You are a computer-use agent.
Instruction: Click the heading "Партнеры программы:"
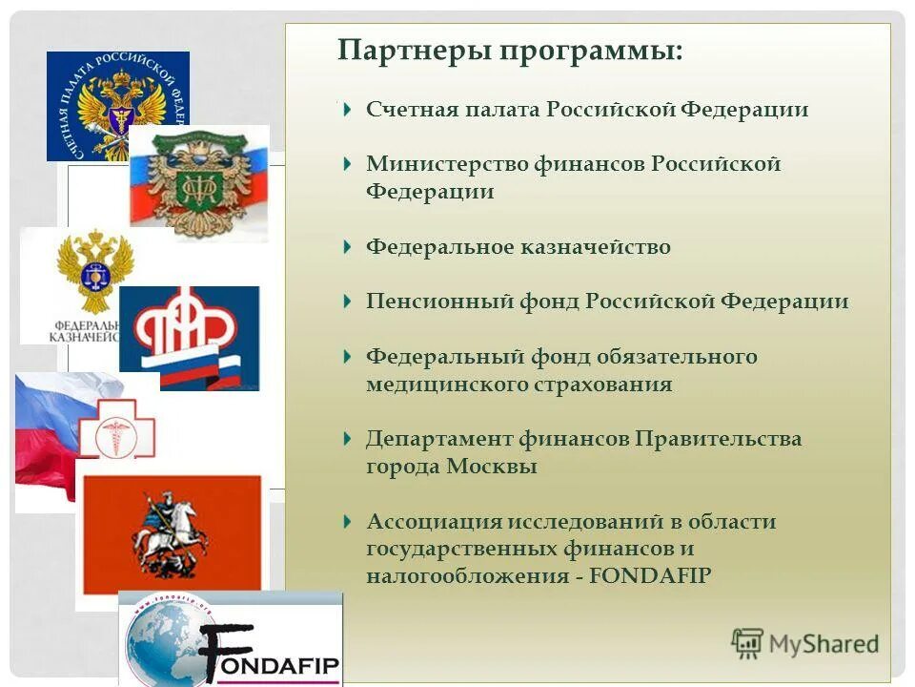(509, 50)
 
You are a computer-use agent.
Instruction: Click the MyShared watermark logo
(804, 643)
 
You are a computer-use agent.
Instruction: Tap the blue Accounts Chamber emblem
(116, 105)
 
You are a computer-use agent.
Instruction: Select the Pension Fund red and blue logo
(189, 338)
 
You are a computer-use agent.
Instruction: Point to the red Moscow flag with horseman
(172, 534)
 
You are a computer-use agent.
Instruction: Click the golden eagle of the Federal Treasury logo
(93, 272)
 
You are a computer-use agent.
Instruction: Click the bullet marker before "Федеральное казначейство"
(348, 247)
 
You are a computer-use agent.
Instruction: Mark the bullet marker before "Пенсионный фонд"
(348, 302)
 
